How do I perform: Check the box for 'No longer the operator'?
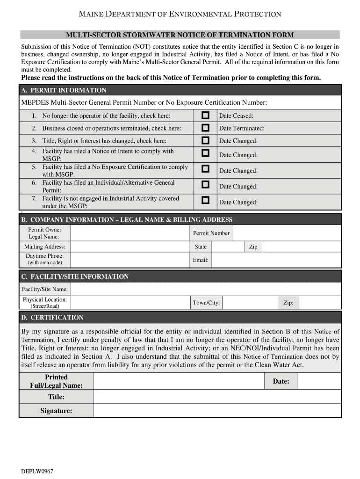click(x=205, y=116)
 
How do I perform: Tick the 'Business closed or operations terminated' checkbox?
click(x=205, y=128)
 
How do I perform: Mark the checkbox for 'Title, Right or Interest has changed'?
click(x=205, y=140)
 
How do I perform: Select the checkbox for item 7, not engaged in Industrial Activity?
click(x=205, y=200)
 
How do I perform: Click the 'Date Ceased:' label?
click(x=236, y=116)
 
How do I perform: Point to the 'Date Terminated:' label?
click(x=242, y=128)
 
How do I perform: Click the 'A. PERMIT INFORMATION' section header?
click(x=64, y=90)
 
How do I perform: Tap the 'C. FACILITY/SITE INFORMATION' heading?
click(x=75, y=276)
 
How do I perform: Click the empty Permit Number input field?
click(x=287, y=233)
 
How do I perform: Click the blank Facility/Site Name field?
click(x=206, y=290)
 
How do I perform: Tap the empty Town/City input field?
click(x=250, y=303)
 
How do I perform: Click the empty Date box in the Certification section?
click(x=319, y=381)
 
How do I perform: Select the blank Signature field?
click(x=217, y=411)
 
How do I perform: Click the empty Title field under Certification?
click(x=217, y=397)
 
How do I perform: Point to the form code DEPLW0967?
click(x=37, y=471)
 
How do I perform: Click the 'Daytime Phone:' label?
click(x=45, y=256)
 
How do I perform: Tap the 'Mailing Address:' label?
click(x=45, y=247)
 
